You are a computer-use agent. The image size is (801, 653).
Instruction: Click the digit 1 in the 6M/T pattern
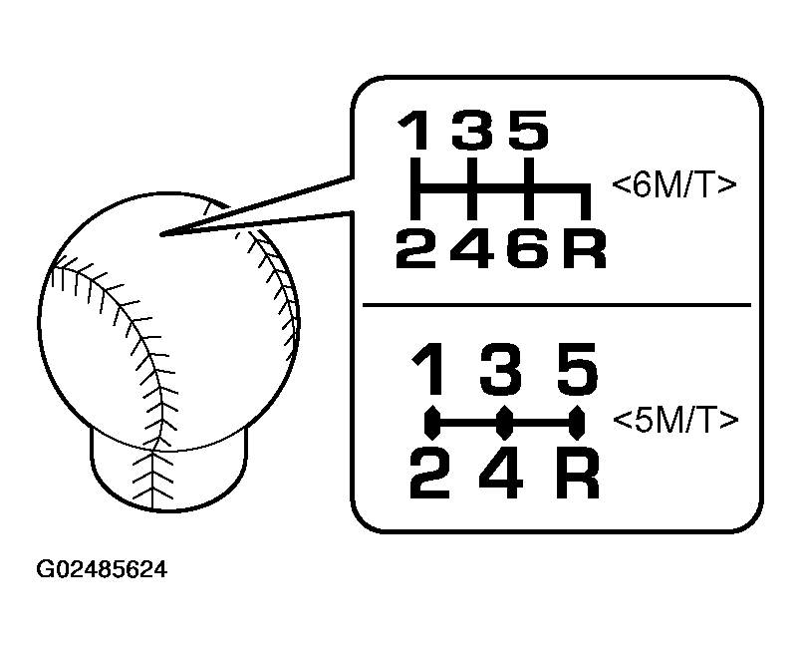414,130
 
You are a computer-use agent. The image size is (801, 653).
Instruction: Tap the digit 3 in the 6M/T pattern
472,130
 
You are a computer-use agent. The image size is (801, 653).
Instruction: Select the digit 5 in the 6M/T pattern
528,130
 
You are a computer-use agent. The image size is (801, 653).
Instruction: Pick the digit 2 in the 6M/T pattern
416,248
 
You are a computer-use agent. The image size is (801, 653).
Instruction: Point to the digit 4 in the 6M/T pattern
473,248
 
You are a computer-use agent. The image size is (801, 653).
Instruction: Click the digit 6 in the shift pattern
528,248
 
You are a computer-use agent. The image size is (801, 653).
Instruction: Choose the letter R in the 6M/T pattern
585,248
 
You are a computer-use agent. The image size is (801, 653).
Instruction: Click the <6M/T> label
674,185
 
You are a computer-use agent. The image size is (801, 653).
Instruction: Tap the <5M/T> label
675,421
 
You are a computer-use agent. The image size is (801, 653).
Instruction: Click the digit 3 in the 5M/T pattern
500,369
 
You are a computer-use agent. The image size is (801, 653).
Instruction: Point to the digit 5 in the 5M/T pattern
577,369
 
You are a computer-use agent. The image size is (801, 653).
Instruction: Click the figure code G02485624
102,569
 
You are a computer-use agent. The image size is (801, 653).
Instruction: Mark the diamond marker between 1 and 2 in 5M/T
432,423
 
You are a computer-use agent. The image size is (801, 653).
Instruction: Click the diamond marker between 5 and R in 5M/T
577,423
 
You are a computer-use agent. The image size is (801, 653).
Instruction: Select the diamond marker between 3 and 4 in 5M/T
505,423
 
